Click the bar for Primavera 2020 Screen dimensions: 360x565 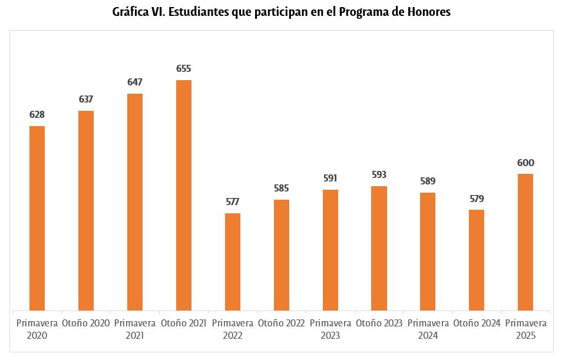tap(37, 218)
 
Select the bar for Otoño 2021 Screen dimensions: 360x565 tap(184, 195)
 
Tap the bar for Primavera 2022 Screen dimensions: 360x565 tap(233, 262)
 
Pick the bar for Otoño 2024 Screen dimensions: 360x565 tap(477, 260)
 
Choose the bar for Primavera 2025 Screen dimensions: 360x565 tap(526, 242)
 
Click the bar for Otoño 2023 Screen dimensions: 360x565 tap(379, 248)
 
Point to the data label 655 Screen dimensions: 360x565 tap(184, 69)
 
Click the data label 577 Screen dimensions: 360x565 tap(233, 202)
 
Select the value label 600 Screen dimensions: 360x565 tap(526, 163)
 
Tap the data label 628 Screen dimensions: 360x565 tap(37, 115)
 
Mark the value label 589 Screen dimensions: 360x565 tap(428, 181)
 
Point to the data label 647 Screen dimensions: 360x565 tap(135, 82)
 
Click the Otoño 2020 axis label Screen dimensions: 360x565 tap(86, 323)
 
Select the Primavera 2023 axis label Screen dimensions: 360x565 tap(330, 329)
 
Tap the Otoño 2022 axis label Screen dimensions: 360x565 tap(281, 323)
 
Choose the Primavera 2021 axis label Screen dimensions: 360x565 tap(135, 329)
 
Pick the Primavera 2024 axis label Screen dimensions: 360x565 tap(428, 329)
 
